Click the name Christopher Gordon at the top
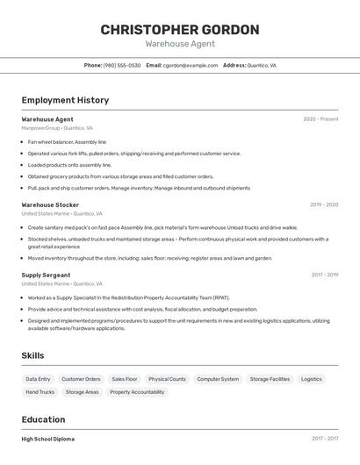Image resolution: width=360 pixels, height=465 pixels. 180,30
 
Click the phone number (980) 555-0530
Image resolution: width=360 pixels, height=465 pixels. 122,65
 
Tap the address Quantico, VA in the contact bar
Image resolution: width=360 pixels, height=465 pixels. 262,65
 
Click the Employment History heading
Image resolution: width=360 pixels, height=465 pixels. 65,100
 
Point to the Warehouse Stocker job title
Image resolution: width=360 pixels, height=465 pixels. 50,204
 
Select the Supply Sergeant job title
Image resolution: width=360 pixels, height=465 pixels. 46,275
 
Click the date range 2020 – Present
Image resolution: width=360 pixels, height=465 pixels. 320,119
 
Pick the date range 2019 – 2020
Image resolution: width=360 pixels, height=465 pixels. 324,204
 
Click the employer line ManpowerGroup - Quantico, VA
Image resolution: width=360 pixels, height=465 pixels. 60,128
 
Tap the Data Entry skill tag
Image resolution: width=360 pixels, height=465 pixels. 38,379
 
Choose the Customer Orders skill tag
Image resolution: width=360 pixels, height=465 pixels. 81,379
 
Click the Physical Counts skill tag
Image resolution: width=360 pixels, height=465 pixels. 167,379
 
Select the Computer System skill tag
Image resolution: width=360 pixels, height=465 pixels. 218,379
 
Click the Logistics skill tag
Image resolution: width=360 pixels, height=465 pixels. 312,379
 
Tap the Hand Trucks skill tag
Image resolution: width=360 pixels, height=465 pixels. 40,392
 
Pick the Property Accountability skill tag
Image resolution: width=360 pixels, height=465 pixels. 137,392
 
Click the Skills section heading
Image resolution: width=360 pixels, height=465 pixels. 33,355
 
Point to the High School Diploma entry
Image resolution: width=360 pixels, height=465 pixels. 48,439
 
